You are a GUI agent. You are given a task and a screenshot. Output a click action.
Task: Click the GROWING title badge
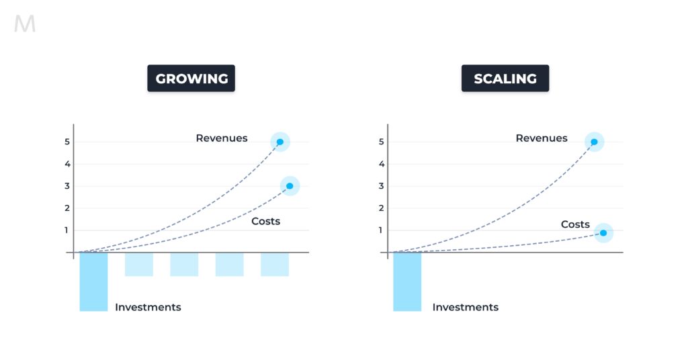click(191, 79)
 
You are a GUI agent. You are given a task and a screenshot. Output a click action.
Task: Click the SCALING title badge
click(505, 79)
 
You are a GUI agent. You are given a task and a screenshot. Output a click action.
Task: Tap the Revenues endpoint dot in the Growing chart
click(280, 142)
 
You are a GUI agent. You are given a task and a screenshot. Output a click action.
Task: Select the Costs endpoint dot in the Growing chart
click(290, 186)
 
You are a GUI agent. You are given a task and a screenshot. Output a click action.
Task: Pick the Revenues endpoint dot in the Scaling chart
click(594, 142)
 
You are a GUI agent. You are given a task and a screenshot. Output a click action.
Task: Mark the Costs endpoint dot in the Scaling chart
click(603, 233)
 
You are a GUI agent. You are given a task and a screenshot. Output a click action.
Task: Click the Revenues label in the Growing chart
click(222, 138)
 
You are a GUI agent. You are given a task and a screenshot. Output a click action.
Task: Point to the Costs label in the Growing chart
click(265, 221)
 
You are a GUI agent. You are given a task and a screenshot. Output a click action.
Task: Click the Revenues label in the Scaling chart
click(542, 138)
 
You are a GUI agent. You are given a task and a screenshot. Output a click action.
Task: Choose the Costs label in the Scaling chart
click(575, 224)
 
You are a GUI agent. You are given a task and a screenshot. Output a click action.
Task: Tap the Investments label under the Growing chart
click(148, 307)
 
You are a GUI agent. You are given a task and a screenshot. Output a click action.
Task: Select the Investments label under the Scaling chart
click(466, 307)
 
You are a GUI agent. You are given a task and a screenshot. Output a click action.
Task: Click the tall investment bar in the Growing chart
click(93, 282)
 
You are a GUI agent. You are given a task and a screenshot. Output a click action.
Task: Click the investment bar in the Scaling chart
click(407, 282)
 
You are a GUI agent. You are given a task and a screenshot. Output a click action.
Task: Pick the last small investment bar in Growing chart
click(275, 265)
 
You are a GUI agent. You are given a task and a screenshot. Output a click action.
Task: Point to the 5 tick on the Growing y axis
click(67, 142)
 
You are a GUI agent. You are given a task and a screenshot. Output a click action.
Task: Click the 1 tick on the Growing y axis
click(67, 230)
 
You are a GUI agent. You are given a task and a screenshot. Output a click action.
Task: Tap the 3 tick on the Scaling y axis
click(382, 186)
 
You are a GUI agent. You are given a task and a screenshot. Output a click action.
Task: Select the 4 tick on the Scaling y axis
click(382, 164)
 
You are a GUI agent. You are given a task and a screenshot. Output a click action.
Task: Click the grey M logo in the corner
click(25, 24)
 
